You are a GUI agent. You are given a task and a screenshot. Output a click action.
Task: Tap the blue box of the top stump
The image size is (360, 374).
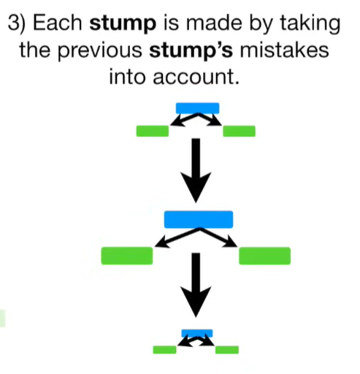[x=197, y=108]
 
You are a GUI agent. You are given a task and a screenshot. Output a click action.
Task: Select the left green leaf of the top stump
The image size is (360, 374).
[x=152, y=131]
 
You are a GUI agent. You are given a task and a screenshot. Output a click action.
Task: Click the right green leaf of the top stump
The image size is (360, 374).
[x=239, y=131]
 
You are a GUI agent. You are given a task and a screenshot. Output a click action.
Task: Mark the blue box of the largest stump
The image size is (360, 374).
[x=198, y=218]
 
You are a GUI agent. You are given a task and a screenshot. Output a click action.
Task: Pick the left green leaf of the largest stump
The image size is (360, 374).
[x=127, y=255]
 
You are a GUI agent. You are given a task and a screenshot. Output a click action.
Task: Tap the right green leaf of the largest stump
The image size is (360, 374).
[x=264, y=255]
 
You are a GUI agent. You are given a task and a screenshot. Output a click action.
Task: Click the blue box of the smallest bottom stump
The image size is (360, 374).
[x=197, y=332]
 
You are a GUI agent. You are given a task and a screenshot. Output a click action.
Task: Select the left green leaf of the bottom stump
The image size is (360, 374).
[x=165, y=349]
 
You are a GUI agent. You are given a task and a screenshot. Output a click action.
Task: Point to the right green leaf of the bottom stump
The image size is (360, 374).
[x=227, y=349]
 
